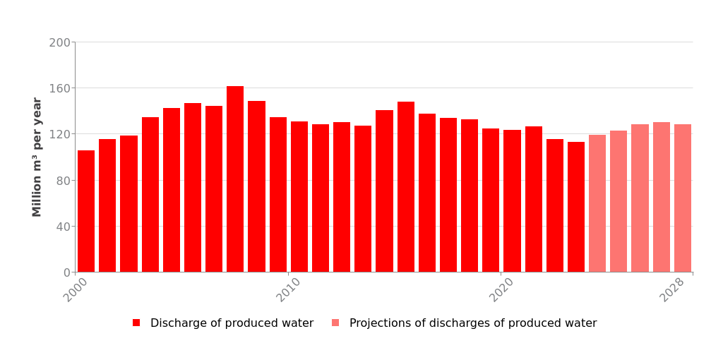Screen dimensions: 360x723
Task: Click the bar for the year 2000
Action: (x=86, y=211)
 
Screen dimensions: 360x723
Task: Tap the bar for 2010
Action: (x=299, y=197)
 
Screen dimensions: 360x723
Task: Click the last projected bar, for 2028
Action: (x=683, y=198)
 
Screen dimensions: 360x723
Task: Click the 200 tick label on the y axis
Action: (x=60, y=42)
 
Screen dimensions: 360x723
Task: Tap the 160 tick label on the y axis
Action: (x=60, y=88)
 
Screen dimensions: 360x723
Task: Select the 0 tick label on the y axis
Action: (x=66, y=272)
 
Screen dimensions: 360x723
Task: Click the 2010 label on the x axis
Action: (x=289, y=290)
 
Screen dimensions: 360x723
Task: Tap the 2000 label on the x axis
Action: (x=76, y=290)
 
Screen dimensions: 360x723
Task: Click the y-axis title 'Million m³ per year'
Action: (x=37, y=157)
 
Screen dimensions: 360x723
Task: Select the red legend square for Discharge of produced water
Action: (x=136, y=323)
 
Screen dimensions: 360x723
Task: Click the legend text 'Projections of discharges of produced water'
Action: (x=473, y=323)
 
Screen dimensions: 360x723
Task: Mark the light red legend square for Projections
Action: (x=335, y=323)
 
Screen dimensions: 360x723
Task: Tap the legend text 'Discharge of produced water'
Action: (x=232, y=323)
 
